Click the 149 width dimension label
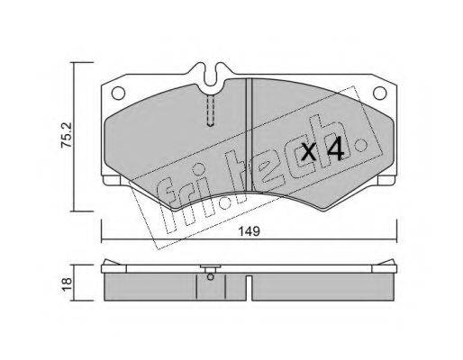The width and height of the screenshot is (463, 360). [x=249, y=231]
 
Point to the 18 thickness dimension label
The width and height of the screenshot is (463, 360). [x=67, y=283]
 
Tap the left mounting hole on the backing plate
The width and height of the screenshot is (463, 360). [x=118, y=93]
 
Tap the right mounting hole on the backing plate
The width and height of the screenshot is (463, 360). [x=379, y=93]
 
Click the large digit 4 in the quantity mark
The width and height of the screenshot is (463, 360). [x=335, y=148]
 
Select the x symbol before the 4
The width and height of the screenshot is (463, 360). [x=309, y=152]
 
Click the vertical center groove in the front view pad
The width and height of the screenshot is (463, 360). [x=249, y=135]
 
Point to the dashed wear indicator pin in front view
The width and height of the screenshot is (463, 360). [x=211, y=111]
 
